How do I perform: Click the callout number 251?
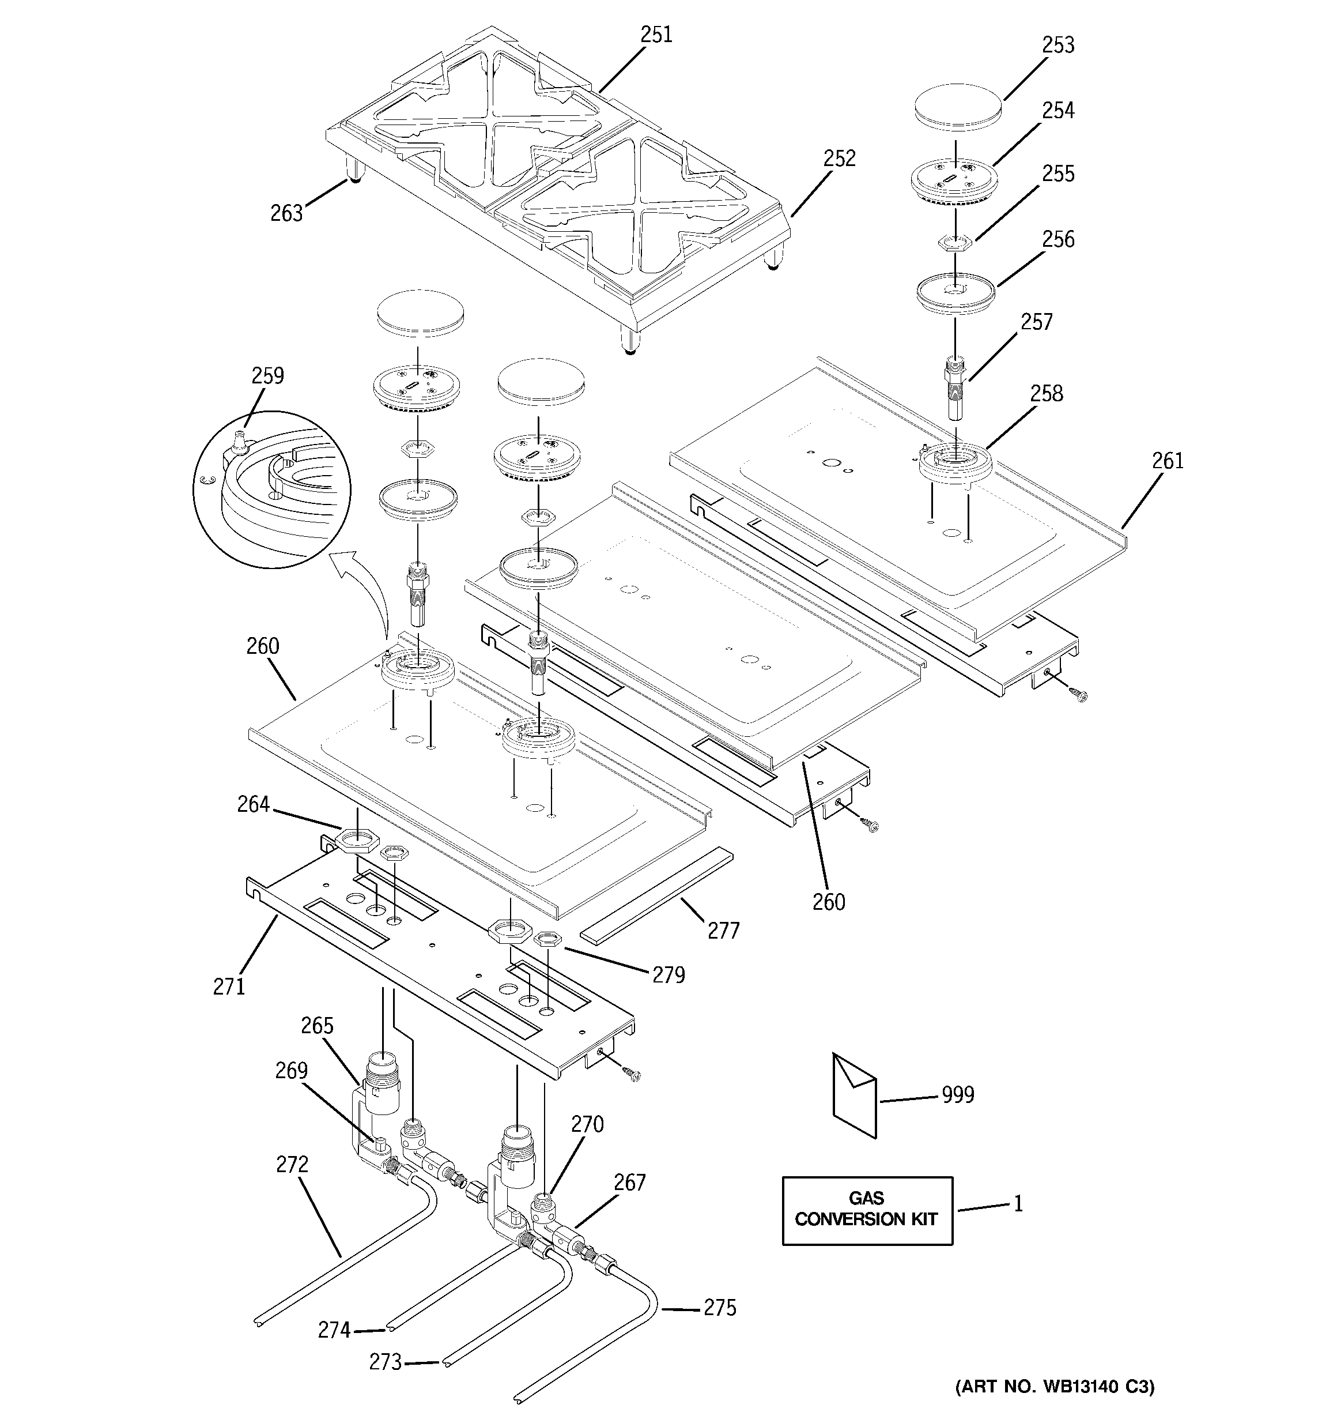[656, 35]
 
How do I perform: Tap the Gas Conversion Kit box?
[867, 1210]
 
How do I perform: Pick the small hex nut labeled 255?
[954, 242]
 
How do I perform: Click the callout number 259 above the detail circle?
[267, 375]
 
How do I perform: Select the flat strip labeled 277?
[656, 894]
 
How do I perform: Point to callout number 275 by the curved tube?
[720, 1308]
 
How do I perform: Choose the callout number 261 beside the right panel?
[1168, 460]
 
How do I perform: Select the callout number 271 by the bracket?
[229, 987]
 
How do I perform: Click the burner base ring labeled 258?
[956, 463]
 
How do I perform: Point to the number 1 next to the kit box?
[1017, 1204]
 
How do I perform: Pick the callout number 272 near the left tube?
[292, 1164]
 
